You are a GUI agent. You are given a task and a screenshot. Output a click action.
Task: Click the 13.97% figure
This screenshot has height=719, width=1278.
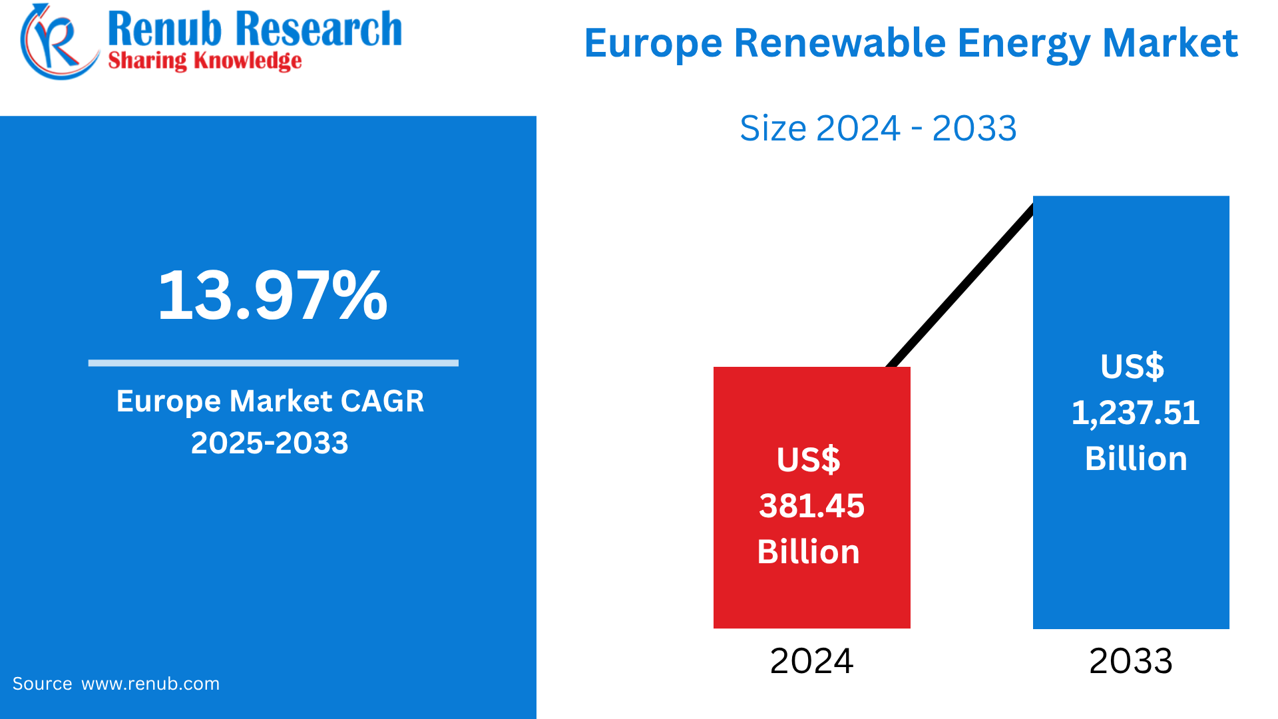[x=272, y=295]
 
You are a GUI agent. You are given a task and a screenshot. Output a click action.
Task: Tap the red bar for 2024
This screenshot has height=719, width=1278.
[x=811, y=599]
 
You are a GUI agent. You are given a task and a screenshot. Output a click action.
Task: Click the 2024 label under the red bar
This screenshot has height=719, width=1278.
[x=811, y=661]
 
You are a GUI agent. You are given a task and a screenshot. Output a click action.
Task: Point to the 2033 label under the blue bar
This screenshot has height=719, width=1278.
[x=1130, y=661]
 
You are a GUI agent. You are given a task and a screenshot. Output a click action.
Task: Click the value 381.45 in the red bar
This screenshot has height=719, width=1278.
[x=811, y=506]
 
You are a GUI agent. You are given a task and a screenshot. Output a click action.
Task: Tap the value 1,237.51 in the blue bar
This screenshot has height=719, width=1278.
[x=1135, y=413]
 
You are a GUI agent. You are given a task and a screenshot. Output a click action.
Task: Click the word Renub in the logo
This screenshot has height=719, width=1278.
[x=164, y=29]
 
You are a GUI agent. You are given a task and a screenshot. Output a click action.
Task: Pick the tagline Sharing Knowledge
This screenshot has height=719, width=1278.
[x=204, y=61]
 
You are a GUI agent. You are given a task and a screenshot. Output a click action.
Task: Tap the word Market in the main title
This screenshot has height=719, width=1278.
[x=1170, y=43]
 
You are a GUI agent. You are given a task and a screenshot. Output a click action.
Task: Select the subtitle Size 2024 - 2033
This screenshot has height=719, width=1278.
[x=878, y=128]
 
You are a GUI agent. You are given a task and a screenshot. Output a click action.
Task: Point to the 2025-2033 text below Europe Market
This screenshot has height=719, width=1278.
[x=270, y=443]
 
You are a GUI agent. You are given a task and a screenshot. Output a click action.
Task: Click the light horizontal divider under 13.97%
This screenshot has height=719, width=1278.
[x=273, y=363]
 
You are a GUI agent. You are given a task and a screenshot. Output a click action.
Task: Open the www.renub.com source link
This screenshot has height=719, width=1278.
[x=150, y=684]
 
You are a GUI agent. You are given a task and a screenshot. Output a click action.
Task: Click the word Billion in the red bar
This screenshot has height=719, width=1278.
[x=808, y=552]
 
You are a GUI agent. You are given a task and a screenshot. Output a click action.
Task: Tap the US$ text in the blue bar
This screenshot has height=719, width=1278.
[x=1132, y=367]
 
